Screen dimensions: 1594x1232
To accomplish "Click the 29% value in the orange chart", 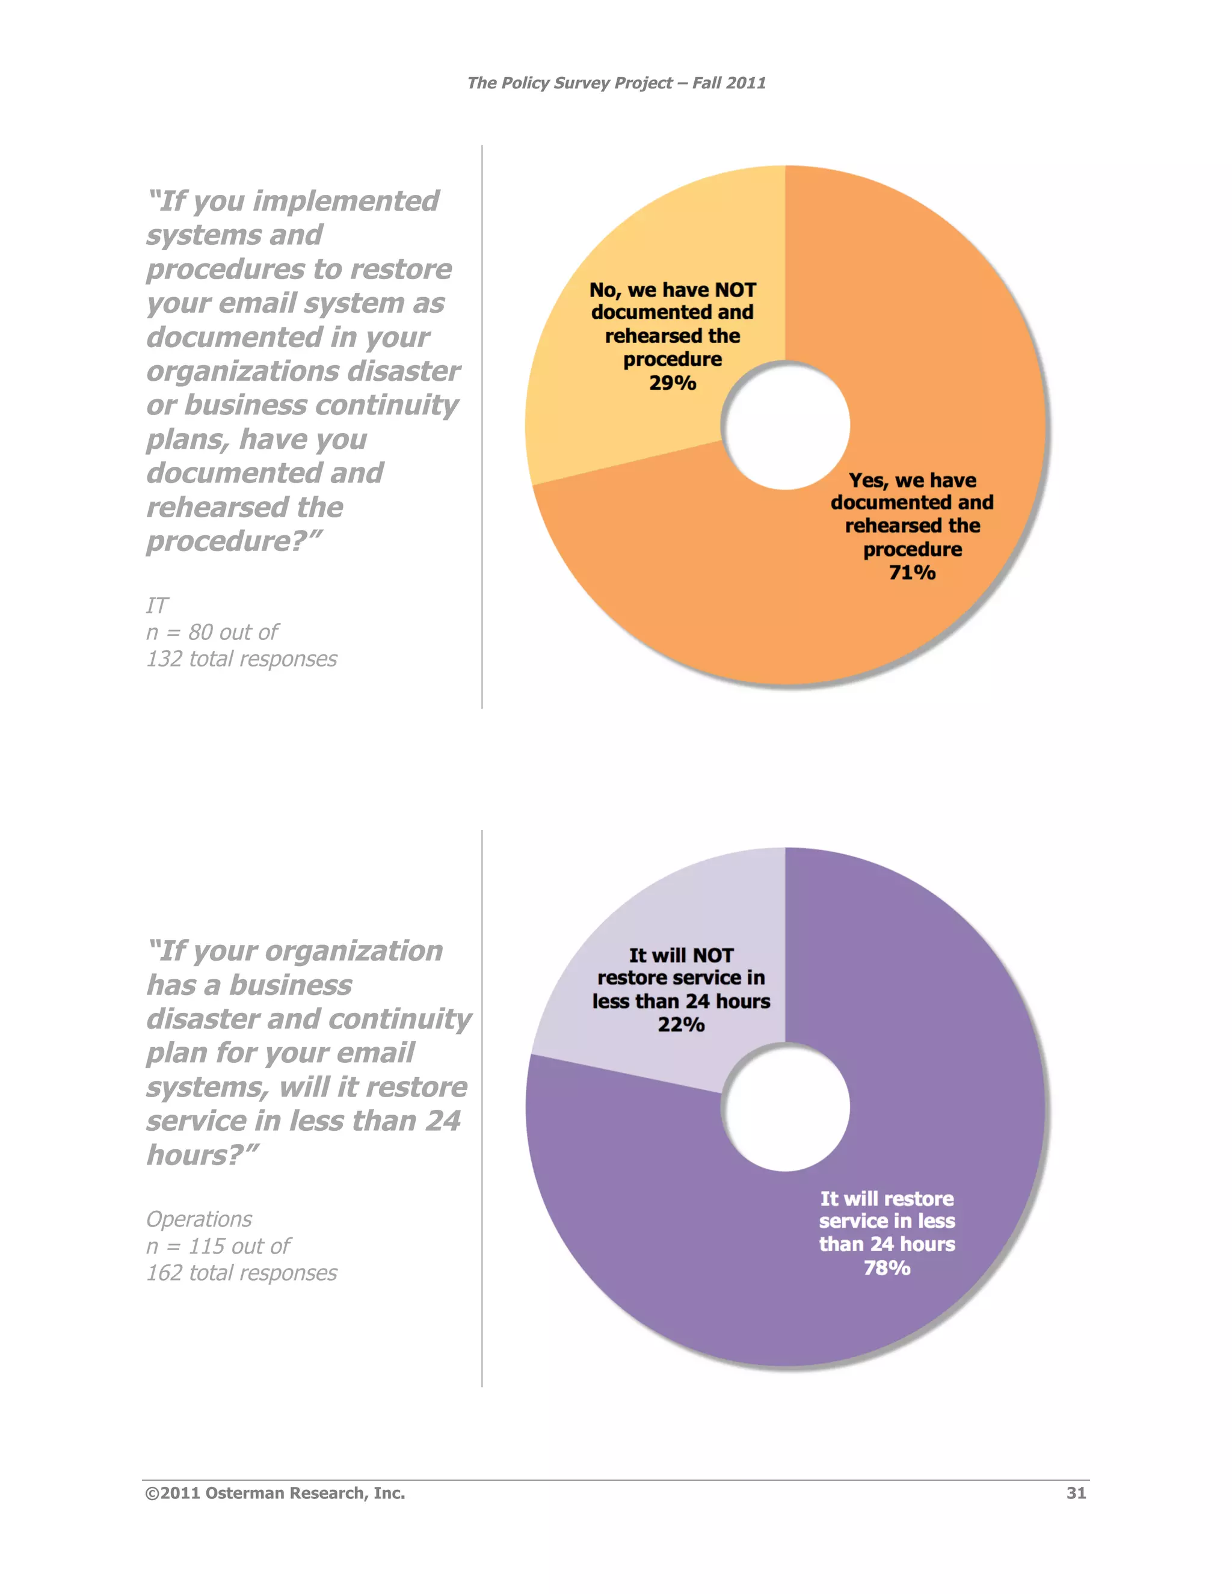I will click(672, 383).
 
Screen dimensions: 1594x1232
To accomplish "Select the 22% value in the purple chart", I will click(681, 1026).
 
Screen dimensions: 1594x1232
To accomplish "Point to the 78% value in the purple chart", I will click(887, 1268).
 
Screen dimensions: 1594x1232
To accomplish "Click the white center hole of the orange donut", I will click(786, 425).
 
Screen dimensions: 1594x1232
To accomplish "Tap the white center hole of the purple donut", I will click(786, 1107).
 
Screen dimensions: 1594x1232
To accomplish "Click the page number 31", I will click(1076, 1494).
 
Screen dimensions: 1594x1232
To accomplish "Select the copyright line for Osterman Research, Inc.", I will click(275, 1494).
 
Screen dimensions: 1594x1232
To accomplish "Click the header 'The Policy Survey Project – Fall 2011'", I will click(616, 83).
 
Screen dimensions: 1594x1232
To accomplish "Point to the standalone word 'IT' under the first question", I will click(157, 606).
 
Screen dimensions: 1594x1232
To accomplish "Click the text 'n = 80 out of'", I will click(212, 632).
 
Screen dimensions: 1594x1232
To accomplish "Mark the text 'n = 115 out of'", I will click(218, 1246).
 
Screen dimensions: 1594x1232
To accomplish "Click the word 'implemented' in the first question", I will click(346, 201).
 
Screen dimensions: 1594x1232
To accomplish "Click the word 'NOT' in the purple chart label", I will click(712, 955).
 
